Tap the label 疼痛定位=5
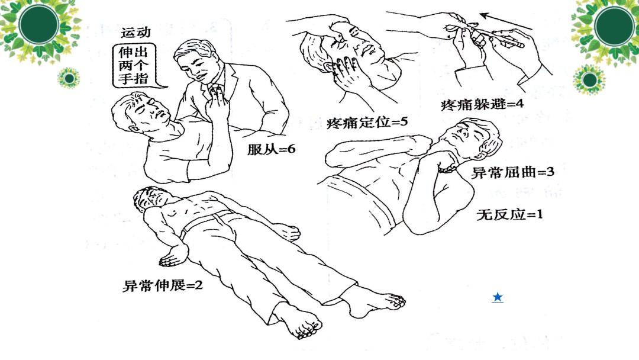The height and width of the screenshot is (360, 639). point(367,123)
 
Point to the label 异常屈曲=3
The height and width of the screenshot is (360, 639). point(512,173)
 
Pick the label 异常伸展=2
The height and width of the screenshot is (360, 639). point(163,285)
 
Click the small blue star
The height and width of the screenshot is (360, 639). point(498,297)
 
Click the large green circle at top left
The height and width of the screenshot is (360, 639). point(39,24)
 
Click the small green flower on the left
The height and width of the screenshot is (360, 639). point(69,78)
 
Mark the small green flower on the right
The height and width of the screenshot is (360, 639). point(589,79)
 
